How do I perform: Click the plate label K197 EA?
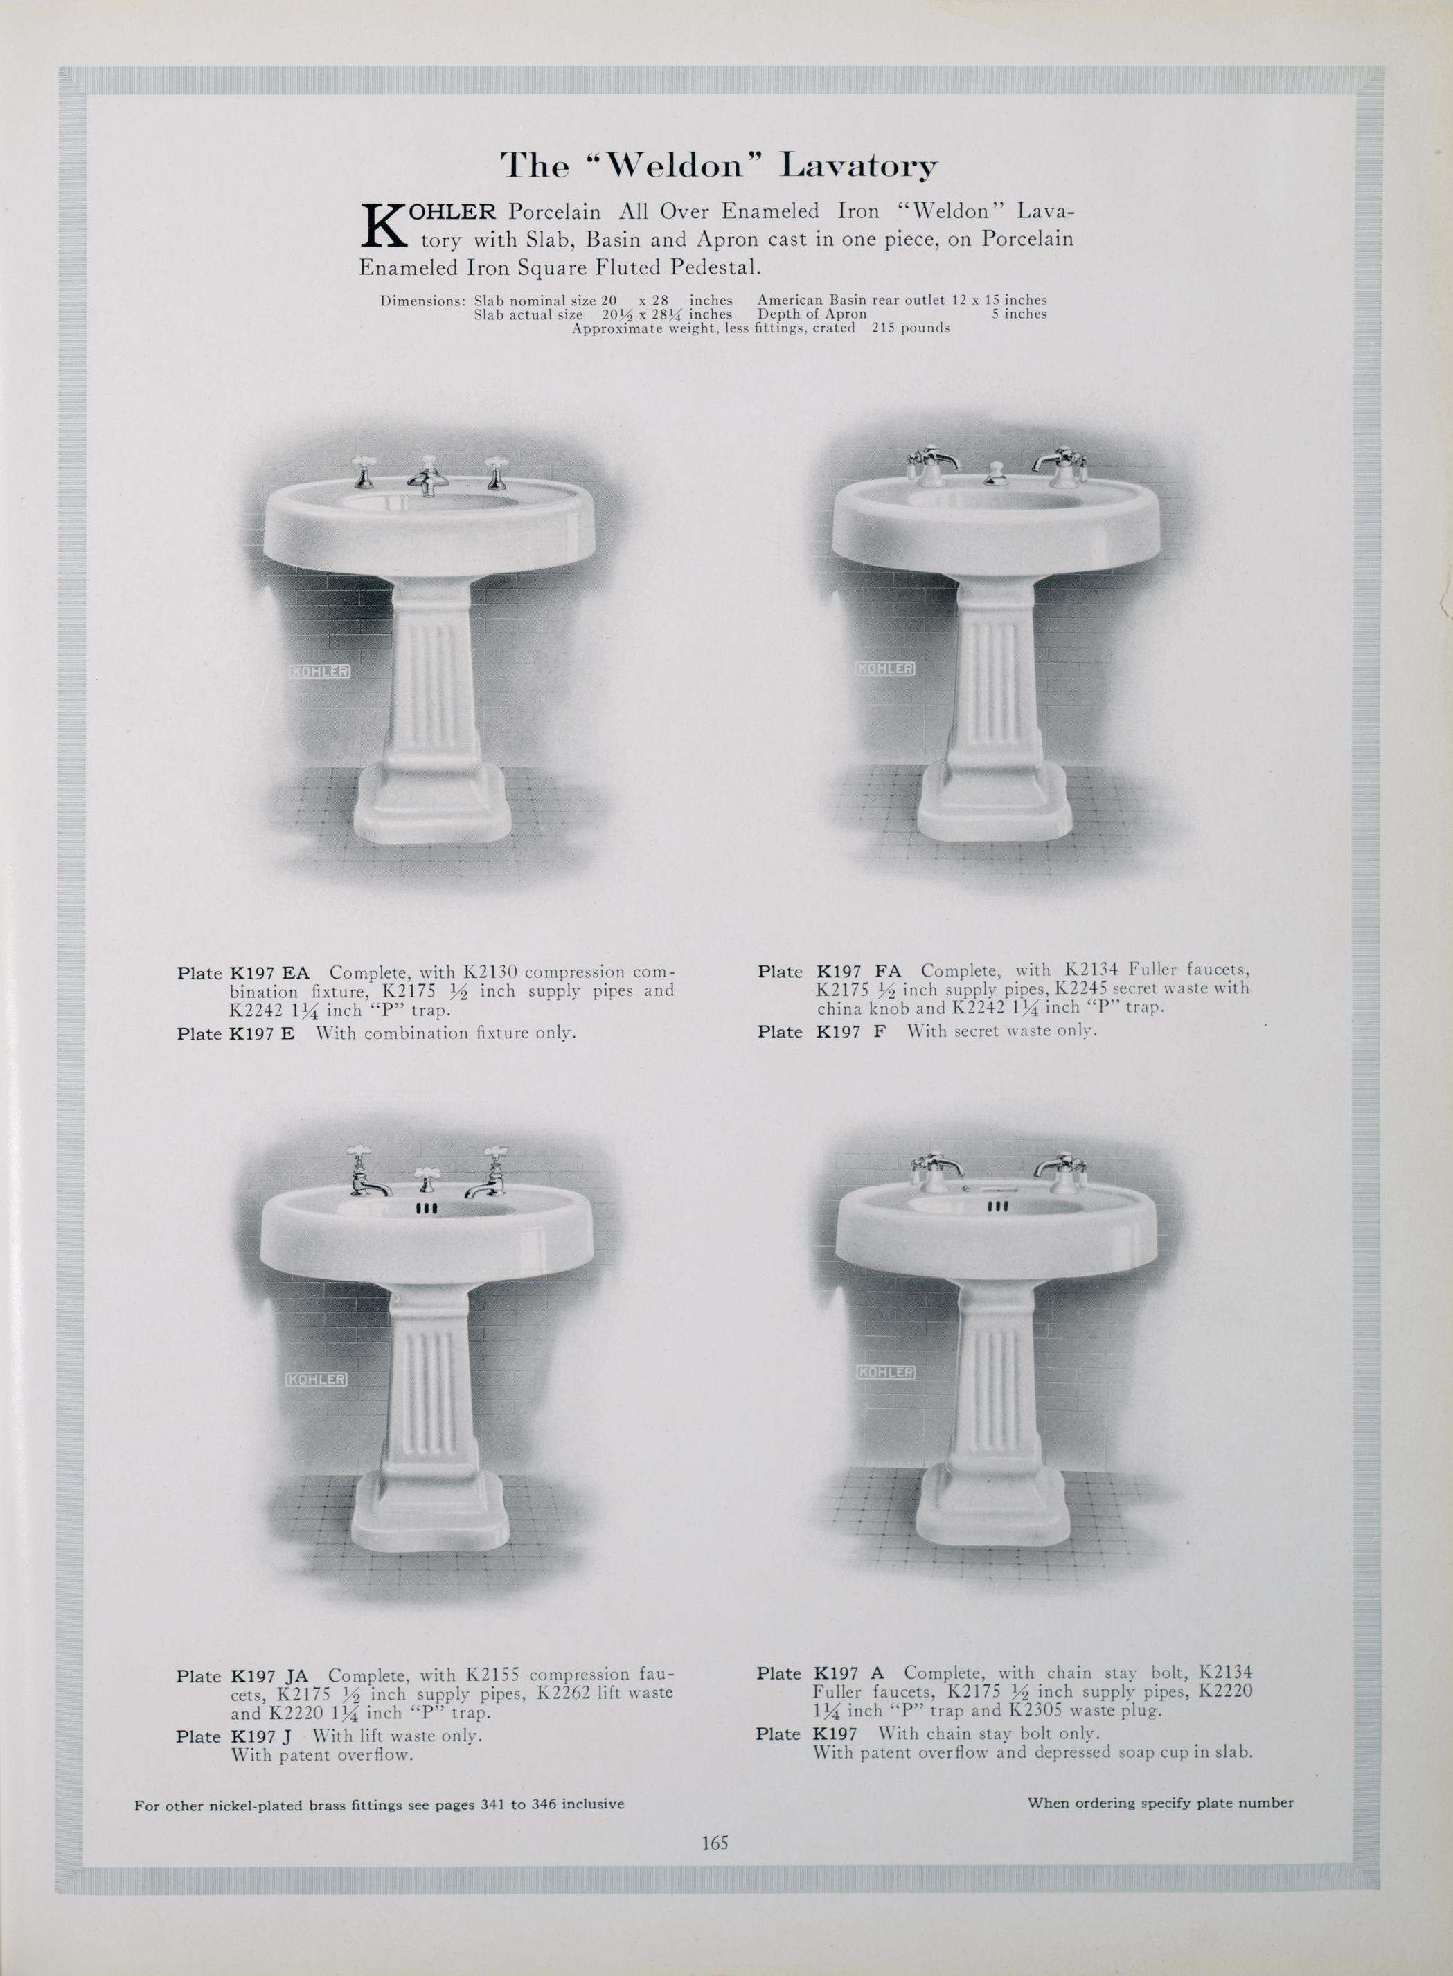tap(269, 974)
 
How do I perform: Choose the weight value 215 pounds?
tap(910, 328)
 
